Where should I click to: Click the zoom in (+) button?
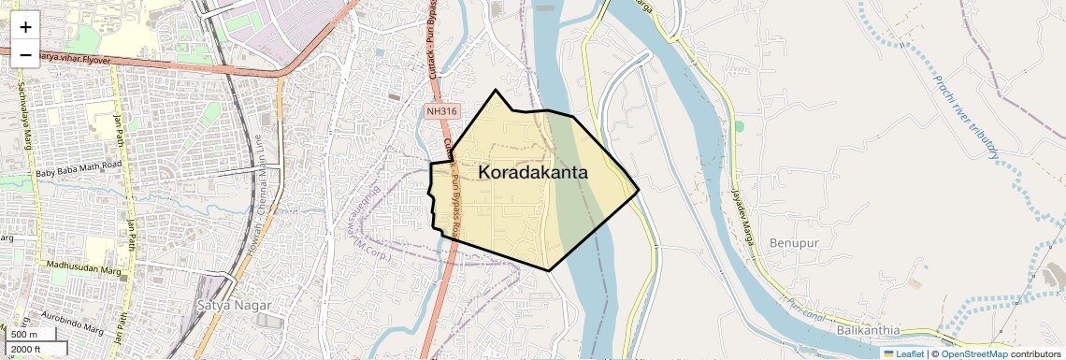pyautogui.click(x=25, y=26)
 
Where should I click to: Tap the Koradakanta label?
pyautogui.click(x=533, y=172)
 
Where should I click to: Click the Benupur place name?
pyautogui.click(x=793, y=243)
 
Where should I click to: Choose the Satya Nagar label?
pyautogui.click(x=234, y=305)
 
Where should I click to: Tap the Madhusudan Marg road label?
pyautogui.click(x=85, y=266)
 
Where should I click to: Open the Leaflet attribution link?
pyautogui.click(x=903, y=353)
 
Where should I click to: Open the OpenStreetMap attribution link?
pyautogui.click(x=973, y=353)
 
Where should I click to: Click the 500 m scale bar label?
pyautogui.click(x=24, y=335)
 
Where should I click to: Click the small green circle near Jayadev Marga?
pyautogui.click(x=739, y=125)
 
